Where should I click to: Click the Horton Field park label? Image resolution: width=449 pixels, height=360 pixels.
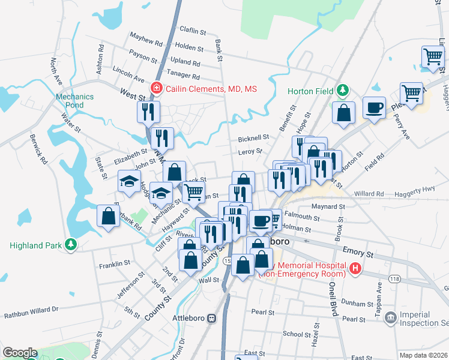(310, 91)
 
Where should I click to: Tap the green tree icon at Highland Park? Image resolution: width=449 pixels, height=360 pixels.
(71, 245)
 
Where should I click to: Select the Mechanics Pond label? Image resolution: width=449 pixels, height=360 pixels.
(75, 101)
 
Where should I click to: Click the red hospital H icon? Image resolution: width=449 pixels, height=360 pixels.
(355, 268)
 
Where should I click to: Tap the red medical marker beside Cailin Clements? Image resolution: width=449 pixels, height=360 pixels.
(157, 88)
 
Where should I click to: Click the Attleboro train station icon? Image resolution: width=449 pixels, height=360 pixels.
(211, 318)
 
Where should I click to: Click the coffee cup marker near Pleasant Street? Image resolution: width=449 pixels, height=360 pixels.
(374, 107)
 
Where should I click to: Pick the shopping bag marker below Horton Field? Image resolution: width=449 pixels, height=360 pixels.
(343, 113)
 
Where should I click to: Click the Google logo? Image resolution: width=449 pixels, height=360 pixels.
(20, 353)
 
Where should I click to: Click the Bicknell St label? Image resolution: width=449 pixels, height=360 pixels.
(253, 137)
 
